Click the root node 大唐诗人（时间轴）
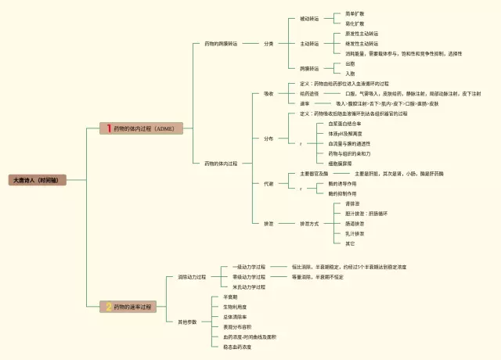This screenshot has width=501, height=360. click(x=35, y=179)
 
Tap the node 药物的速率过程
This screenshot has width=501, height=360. click(x=133, y=307)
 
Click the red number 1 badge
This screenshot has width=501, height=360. click(x=109, y=128)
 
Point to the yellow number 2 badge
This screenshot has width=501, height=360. click(x=109, y=307)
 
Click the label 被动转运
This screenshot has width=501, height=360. click(x=309, y=19)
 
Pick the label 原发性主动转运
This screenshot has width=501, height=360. click(x=362, y=34)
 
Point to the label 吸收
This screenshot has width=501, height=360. click(x=269, y=93)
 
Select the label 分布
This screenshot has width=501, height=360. click(x=269, y=139)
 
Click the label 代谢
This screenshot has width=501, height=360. click(x=269, y=183)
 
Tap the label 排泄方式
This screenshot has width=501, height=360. click(x=309, y=224)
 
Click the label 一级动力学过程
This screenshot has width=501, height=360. click(x=249, y=267)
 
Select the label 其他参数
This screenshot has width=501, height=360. click(x=187, y=322)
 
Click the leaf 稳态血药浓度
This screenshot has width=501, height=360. click(x=237, y=347)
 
